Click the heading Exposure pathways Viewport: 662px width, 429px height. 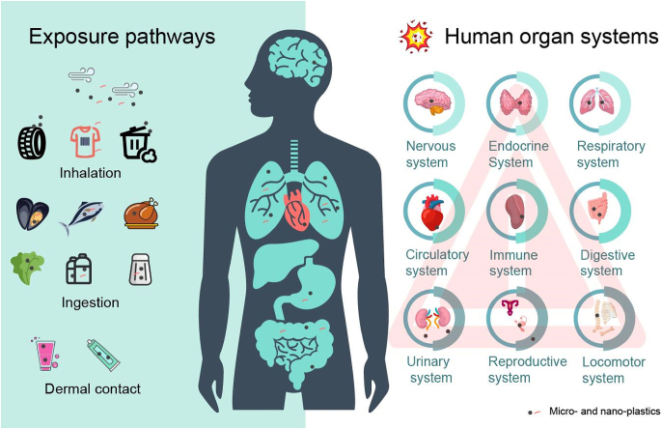click(x=122, y=38)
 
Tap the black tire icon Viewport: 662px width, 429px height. click(x=32, y=141)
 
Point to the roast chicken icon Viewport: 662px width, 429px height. click(x=139, y=214)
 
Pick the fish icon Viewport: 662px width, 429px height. click(x=84, y=216)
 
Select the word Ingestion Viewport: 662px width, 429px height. click(x=90, y=302)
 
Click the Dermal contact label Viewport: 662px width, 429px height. click(x=93, y=388)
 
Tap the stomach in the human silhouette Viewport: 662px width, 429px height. click(x=311, y=279)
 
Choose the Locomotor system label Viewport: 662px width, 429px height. click(x=604, y=370)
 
